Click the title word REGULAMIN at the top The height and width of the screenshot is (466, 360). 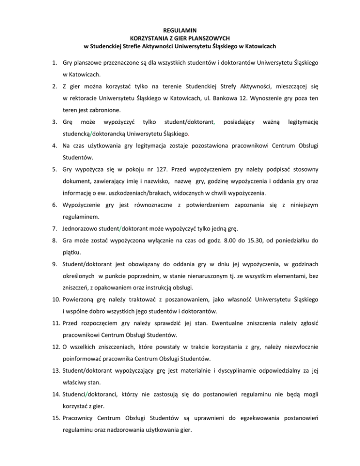(180, 30)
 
